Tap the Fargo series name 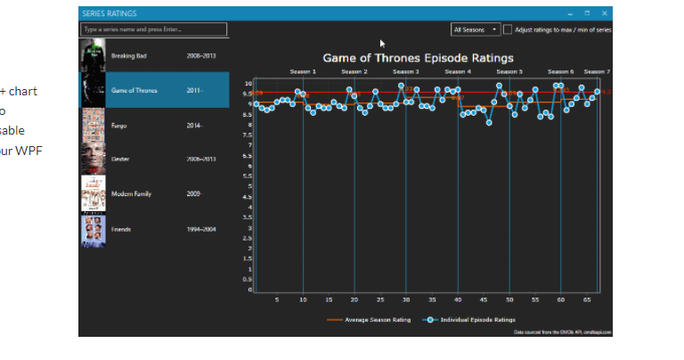click(x=119, y=126)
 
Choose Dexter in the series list click(x=121, y=159)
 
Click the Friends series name click(x=122, y=228)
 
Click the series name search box click(x=154, y=29)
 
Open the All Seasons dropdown click(x=476, y=29)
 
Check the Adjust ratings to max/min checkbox click(x=508, y=29)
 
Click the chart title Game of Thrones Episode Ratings click(x=418, y=58)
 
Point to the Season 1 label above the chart click(x=303, y=71)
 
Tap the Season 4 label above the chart click(x=457, y=71)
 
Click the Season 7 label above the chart click(x=597, y=71)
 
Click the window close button click(x=605, y=13)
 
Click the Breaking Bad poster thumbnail click(x=93, y=55)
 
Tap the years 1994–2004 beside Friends click(x=201, y=228)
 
